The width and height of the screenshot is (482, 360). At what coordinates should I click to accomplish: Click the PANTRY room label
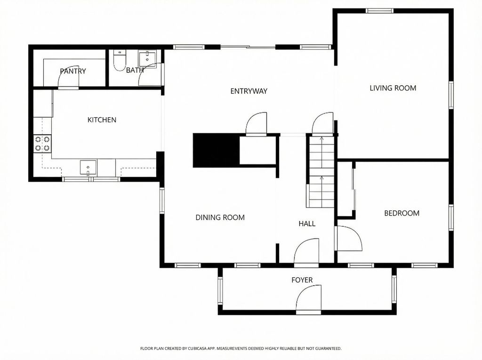click(73, 71)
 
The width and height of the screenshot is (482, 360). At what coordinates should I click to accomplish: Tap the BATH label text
click(135, 70)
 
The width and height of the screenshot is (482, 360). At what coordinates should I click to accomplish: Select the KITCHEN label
click(102, 120)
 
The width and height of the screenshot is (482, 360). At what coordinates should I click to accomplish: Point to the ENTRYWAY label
click(249, 91)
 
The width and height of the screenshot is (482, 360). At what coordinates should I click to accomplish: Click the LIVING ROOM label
click(393, 88)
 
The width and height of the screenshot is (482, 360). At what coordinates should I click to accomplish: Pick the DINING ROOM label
click(220, 217)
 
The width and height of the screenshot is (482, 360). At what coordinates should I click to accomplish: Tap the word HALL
click(307, 224)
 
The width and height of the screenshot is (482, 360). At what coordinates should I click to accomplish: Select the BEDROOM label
click(402, 213)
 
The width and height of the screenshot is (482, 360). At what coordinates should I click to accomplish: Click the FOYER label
click(302, 280)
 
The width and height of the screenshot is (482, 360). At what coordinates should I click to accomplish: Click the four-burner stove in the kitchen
click(42, 144)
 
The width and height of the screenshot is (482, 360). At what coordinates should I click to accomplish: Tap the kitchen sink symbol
click(88, 167)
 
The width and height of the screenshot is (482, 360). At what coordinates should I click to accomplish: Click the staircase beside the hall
click(321, 172)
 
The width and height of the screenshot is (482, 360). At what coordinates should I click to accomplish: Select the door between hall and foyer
click(307, 252)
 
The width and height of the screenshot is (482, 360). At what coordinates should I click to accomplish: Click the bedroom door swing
click(348, 239)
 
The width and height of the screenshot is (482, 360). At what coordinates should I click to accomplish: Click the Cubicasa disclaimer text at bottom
click(241, 348)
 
